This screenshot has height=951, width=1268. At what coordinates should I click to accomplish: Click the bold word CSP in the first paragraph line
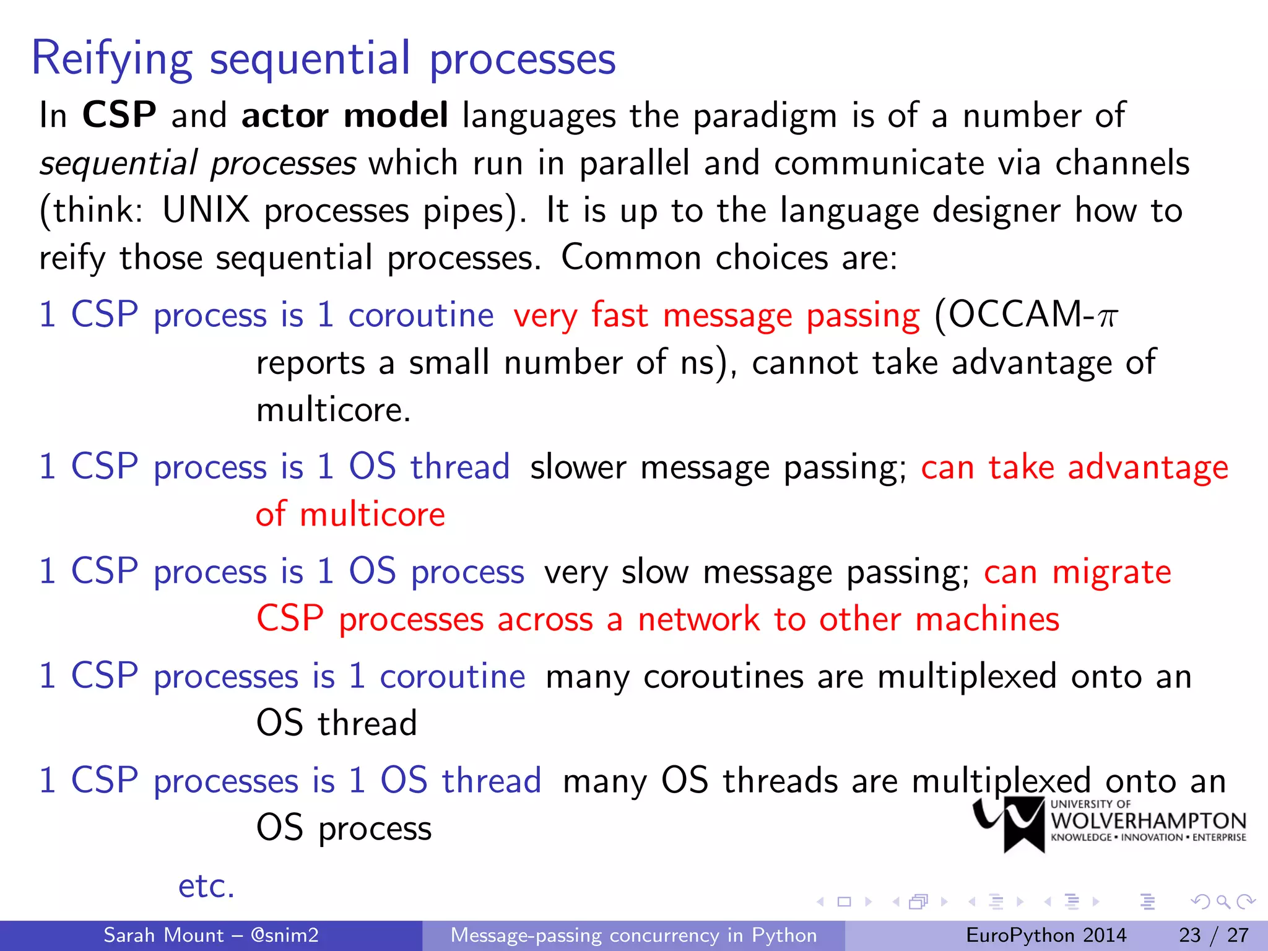[x=119, y=115]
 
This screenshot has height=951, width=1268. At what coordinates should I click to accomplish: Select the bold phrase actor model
[x=344, y=115]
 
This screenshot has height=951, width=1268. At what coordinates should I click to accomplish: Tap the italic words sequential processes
[x=198, y=163]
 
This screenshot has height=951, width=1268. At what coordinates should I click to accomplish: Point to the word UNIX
[x=206, y=211]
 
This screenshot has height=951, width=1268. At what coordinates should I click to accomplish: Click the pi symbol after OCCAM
[x=1107, y=317]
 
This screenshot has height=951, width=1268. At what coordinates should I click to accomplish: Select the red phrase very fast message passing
[x=716, y=316]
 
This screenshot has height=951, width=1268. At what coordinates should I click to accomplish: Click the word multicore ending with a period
[x=333, y=410]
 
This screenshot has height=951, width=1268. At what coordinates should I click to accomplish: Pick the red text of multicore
[x=350, y=515]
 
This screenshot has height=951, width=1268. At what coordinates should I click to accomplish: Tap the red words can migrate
[x=1077, y=571]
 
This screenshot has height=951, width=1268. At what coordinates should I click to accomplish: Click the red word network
[x=698, y=619]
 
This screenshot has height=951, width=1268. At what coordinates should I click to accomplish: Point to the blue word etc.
[x=206, y=885]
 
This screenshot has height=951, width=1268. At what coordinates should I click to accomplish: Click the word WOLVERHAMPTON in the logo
[x=1149, y=821]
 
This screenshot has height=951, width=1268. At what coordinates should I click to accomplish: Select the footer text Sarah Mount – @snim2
[x=211, y=935]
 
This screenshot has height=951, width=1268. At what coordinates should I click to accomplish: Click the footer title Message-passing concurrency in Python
[x=633, y=935]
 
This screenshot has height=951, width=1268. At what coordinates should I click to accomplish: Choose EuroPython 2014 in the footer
[x=1046, y=935]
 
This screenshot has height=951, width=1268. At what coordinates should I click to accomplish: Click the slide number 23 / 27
[x=1214, y=935]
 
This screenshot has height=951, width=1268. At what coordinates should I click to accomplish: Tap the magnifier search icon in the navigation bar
[x=1223, y=901]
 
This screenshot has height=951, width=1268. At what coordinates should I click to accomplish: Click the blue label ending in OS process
[x=282, y=571]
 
